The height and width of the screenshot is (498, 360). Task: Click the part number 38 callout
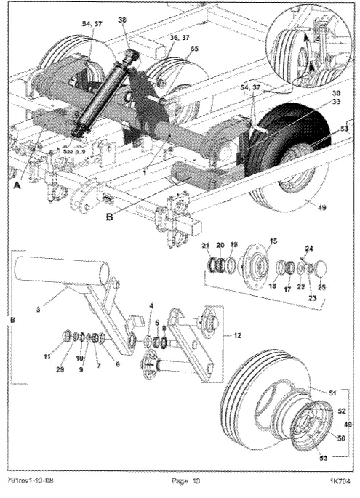click(x=121, y=20)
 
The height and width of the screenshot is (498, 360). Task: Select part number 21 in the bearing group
click(x=207, y=246)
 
